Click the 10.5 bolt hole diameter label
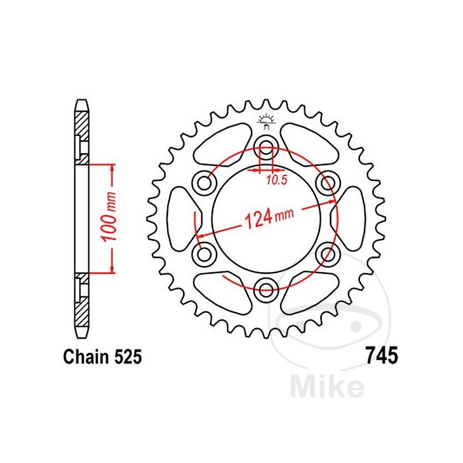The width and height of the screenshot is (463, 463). [x=275, y=180]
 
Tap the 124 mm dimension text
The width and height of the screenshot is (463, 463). [x=266, y=219]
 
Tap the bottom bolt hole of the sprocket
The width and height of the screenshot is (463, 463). [x=266, y=288]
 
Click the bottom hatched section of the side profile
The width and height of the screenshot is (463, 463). [x=81, y=307]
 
